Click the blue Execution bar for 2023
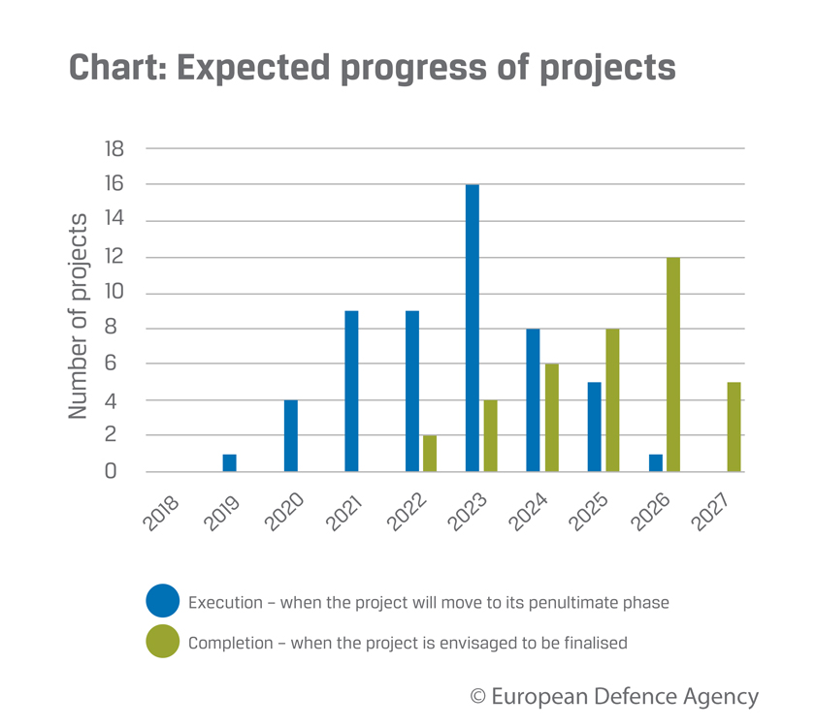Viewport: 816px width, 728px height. [472, 328]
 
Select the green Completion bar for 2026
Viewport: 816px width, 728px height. [672, 364]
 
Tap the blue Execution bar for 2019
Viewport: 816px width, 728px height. [229, 463]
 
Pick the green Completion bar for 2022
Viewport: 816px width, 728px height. [430, 454]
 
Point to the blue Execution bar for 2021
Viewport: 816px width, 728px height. [351, 392]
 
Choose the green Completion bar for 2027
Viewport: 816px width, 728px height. [734, 427]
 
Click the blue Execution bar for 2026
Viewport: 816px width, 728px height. [655, 463]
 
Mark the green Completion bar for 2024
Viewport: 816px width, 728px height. [551, 418]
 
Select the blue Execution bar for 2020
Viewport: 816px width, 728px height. [290, 436]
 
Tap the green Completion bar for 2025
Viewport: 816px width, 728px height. [612, 400]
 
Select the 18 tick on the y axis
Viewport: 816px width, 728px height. [114, 148]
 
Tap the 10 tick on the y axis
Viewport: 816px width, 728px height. [114, 293]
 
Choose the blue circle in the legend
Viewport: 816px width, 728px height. [162, 601]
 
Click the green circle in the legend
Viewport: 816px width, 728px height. [162, 642]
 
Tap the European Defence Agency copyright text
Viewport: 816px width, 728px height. [613, 696]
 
